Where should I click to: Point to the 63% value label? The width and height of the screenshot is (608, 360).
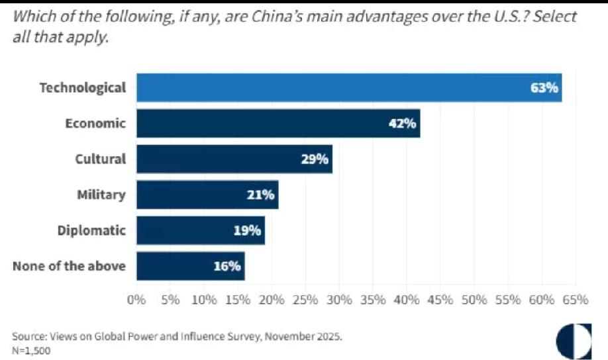(544, 88)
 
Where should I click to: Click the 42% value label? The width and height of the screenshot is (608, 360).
(402, 124)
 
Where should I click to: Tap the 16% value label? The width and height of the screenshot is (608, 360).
(227, 266)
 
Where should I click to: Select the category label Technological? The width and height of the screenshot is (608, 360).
(82, 87)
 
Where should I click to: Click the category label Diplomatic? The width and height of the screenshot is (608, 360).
(91, 230)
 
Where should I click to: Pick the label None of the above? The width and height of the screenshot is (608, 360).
(69, 266)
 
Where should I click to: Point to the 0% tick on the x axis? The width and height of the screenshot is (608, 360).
(136, 299)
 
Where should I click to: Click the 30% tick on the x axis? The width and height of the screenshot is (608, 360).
(339, 299)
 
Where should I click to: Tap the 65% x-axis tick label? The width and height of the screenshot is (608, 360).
(575, 299)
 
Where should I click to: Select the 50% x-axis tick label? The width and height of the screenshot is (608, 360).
(474, 299)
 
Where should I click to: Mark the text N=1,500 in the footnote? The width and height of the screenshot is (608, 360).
(30, 350)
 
